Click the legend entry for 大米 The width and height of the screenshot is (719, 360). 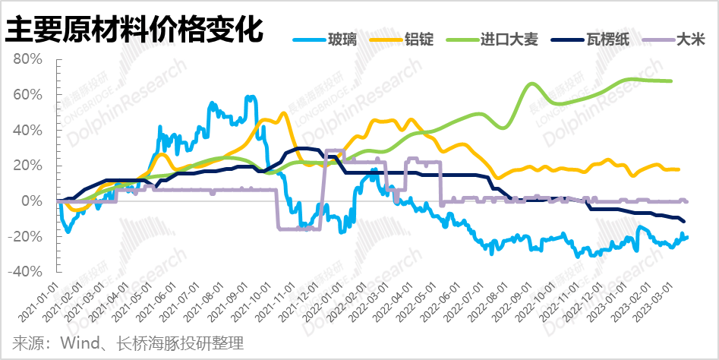[688, 39]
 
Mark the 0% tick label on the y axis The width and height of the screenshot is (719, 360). [39, 201]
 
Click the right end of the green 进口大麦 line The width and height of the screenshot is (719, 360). [671, 81]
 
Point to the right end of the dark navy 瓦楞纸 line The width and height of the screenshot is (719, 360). [685, 222]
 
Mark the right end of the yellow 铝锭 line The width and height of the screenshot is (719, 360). [679, 169]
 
